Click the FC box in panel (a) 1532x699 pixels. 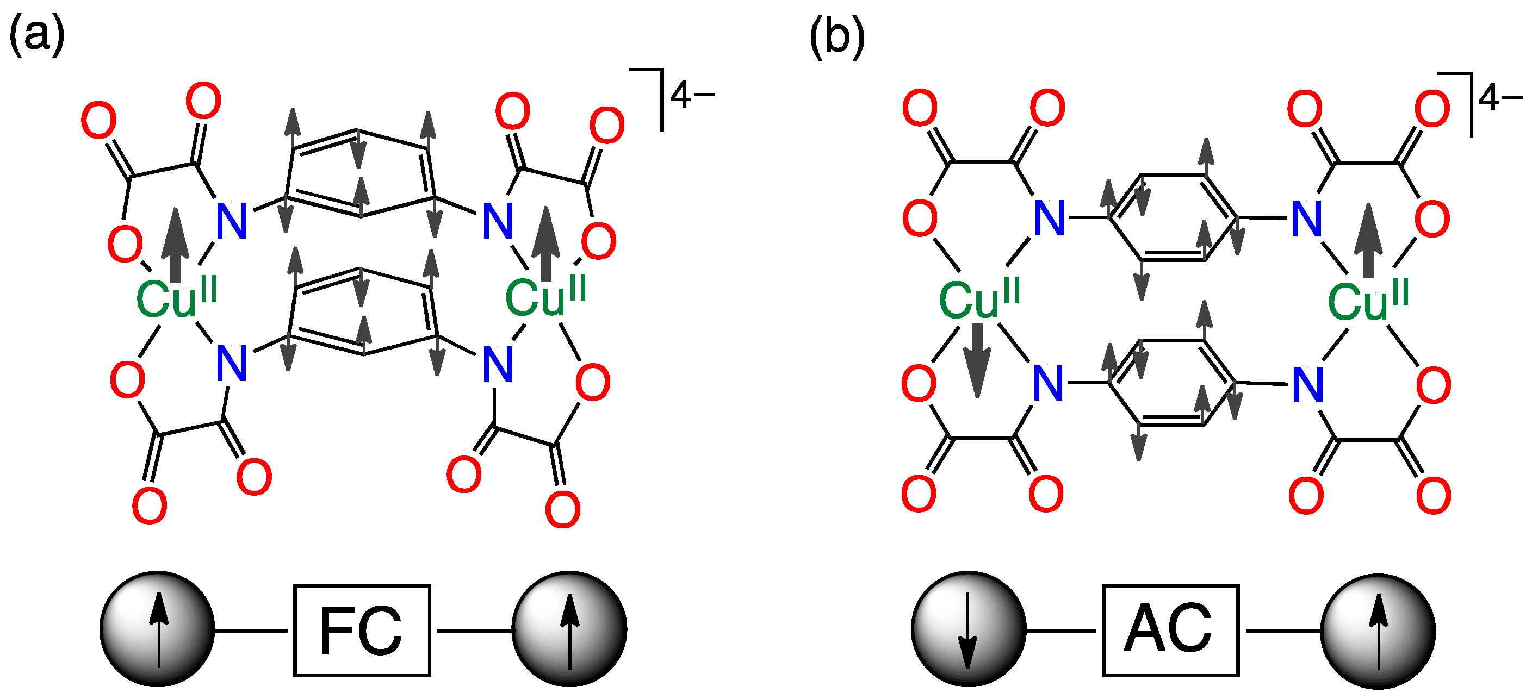[x=362, y=631]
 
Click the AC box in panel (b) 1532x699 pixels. [x=1170, y=631]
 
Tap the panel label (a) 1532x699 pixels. [x=37, y=34]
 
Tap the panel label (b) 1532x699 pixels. [x=837, y=37]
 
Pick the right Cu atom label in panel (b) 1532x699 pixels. [x=1368, y=300]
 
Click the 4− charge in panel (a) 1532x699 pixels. [x=692, y=95]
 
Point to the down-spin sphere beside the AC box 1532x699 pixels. [x=968, y=629]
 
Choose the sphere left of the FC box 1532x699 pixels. [x=157, y=629]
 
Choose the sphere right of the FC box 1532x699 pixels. [x=569, y=629]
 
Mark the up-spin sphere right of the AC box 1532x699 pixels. [x=1378, y=631]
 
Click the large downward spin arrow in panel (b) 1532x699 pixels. [x=977, y=360]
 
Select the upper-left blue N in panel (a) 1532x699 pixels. [x=231, y=221]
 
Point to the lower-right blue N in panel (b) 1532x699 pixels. [x=1308, y=385]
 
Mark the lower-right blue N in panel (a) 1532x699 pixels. [x=498, y=364]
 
